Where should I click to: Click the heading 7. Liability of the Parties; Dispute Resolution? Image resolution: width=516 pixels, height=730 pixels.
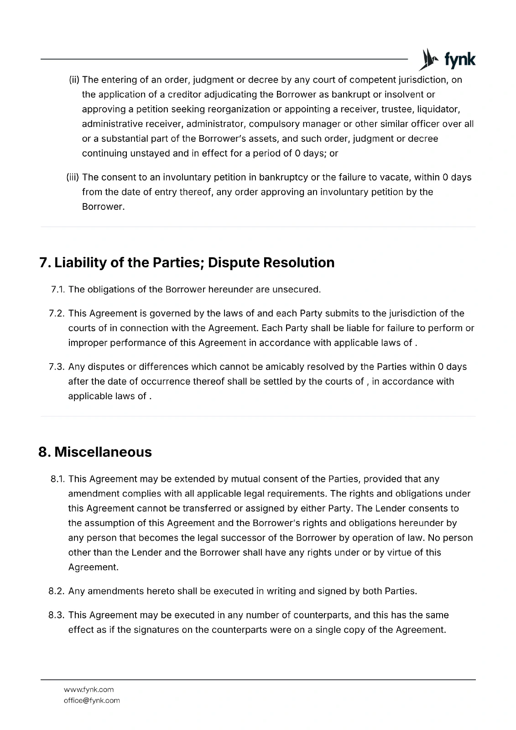187,263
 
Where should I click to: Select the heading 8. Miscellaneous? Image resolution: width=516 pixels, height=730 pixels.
95,452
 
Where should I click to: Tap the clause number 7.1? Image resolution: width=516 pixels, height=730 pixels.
58,290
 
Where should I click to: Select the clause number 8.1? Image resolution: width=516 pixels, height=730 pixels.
58,479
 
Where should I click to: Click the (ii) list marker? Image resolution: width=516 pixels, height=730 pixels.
74,80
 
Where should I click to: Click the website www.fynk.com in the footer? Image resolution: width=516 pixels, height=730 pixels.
89,689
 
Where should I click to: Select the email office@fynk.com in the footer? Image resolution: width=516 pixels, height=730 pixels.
92,700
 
